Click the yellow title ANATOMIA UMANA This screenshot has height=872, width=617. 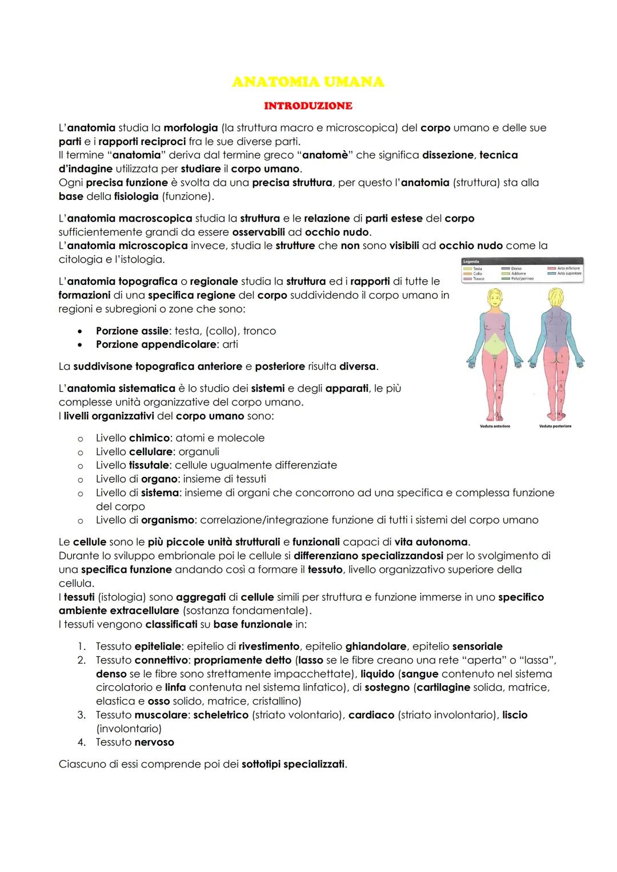point(308,82)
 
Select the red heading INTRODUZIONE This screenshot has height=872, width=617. point(308,106)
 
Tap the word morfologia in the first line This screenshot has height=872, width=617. point(190,128)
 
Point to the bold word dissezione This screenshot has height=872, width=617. point(448,155)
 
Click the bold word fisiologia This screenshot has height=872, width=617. point(135,196)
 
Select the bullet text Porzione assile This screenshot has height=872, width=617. point(132,331)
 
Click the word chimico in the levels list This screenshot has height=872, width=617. point(149,438)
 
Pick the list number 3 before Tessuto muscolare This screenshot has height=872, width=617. point(82,715)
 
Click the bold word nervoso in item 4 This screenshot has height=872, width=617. point(154,742)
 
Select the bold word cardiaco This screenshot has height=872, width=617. point(371,715)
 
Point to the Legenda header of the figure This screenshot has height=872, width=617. point(472,262)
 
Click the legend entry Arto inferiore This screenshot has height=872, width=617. point(567,268)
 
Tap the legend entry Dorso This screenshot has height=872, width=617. point(516,268)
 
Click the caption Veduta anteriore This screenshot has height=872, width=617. point(494,426)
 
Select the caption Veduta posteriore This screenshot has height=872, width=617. point(555,426)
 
